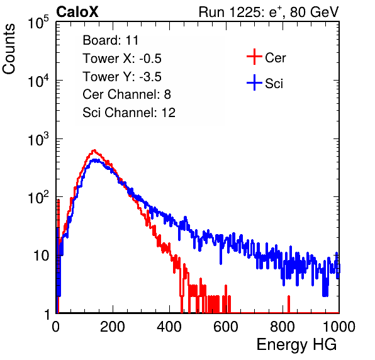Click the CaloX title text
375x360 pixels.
click(x=77, y=12)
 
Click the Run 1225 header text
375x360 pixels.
click(x=269, y=12)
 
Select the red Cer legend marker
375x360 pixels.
click(x=254, y=57)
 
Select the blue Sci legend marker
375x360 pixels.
click(x=254, y=82)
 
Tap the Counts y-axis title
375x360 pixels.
click(x=9, y=49)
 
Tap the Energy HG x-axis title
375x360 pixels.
click(x=296, y=345)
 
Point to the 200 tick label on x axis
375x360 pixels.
click(x=113, y=327)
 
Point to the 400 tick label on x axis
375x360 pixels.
click(x=169, y=327)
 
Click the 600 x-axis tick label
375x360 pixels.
click(x=226, y=327)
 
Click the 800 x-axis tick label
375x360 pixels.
click(x=283, y=327)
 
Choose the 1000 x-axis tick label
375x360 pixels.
click(x=339, y=327)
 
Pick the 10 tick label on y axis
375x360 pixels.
click(x=42, y=256)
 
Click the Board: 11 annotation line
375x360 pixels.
click(x=111, y=40)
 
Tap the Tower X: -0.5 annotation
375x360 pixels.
click(x=122, y=59)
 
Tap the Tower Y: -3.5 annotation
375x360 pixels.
click(x=122, y=77)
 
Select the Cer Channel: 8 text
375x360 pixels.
click(x=126, y=94)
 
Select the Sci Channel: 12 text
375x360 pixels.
click(x=129, y=113)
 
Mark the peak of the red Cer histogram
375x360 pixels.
click(x=94, y=150)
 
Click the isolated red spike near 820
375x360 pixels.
click(x=289, y=304)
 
